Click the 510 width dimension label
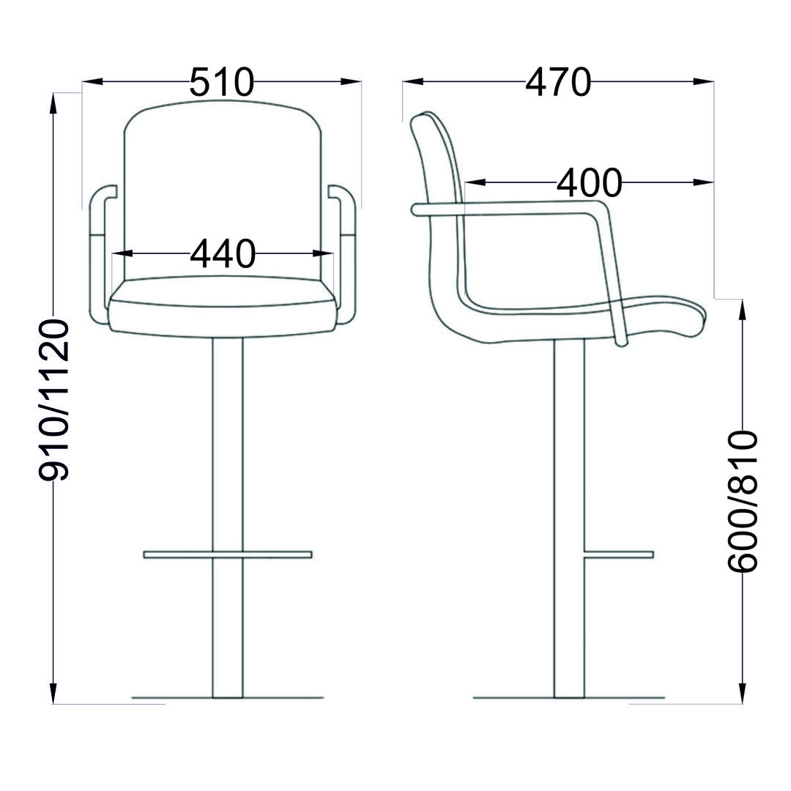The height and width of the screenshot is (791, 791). (x=222, y=82)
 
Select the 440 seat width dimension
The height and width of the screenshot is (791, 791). (x=223, y=253)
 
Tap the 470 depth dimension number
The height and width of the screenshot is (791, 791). (x=558, y=82)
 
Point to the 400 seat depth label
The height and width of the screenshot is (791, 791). (x=589, y=182)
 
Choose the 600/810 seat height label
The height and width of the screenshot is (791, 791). (x=742, y=502)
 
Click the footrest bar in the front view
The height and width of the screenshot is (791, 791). (x=228, y=554)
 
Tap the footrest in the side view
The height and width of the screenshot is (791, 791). (x=619, y=554)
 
